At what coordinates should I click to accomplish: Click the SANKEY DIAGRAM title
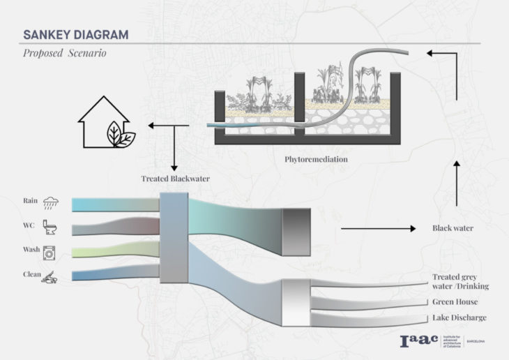[x=75, y=34]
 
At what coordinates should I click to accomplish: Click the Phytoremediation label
[x=316, y=160]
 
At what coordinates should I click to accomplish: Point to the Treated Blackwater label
[x=174, y=179]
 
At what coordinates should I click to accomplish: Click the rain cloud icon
[x=51, y=203]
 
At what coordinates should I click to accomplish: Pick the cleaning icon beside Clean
[x=50, y=277]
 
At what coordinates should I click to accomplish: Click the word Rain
[x=31, y=202]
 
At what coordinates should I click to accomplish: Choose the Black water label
[x=453, y=228]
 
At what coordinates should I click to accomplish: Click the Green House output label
[x=454, y=302]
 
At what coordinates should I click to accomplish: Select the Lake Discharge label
[x=458, y=318]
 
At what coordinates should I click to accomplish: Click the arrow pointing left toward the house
[x=167, y=127]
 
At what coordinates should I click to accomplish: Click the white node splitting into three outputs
[x=294, y=302]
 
